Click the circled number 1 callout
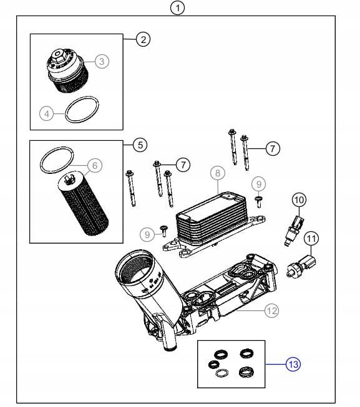pos(178,7)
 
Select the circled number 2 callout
pos(143,39)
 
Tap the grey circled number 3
pos(102,62)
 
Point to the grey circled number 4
pos(47,113)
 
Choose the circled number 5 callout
pos(140,145)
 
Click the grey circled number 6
pos(95,165)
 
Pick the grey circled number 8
pos(218,173)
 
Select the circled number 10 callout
pos(299,200)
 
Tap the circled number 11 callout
pos(311,238)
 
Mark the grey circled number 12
pos(271,310)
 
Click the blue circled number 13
pos(293,364)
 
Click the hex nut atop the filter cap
pos(57,56)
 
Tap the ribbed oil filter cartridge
pos(82,203)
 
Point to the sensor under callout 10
pos(294,230)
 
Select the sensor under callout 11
pos(301,266)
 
